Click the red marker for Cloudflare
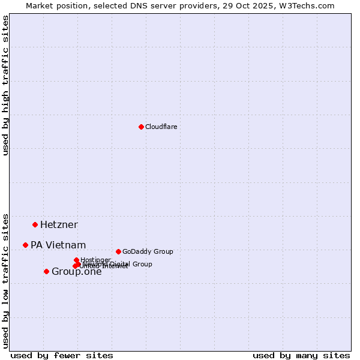click(141, 127)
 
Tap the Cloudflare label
click(161, 127)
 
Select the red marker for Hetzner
click(35, 224)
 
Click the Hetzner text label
click(59, 224)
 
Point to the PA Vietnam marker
click(25, 245)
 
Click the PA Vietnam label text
click(58, 245)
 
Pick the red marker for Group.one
click(46, 271)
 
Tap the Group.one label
click(76, 272)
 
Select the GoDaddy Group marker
click(118, 251)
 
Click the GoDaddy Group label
click(148, 251)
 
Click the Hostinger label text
click(95, 260)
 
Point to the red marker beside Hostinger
click(76, 260)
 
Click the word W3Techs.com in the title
click(309, 5)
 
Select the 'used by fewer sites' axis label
click(62, 355)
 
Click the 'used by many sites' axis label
click(301, 355)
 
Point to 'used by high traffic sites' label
click(5, 85)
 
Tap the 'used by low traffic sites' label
click(5, 280)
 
